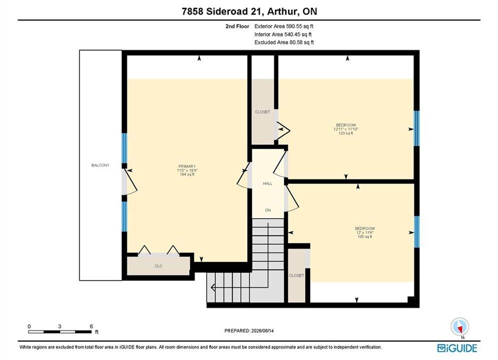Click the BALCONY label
100,165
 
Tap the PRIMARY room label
187,166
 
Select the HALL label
267,183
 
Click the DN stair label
268,210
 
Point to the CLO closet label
158,266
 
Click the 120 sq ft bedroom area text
346,133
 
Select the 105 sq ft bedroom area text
364,237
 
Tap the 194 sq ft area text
187,174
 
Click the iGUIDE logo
457,348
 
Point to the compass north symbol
459,326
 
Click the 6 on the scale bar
92,326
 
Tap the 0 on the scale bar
29,326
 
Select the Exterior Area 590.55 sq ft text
284,26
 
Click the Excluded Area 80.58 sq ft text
284,42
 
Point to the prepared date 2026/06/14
262,330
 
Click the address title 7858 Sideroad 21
222,11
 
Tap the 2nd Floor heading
237,26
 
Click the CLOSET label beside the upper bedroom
262,112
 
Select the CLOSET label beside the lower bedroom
296,275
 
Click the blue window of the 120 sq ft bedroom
416,128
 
